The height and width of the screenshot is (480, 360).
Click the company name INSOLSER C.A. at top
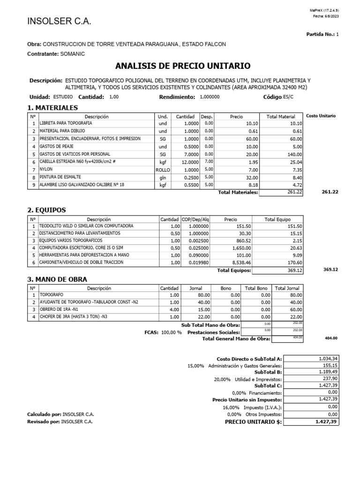pyautogui.click(x=60, y=22)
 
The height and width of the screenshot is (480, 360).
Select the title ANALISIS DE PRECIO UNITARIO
pyautogui.click(x=183, y=66)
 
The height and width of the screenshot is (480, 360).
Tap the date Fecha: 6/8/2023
pyautogui.click(x=325, y=16)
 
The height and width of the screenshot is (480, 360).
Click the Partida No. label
pyautogui.click(x=320, y=34)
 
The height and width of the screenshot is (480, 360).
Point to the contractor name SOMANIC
pyautogui.click(x=73, y=54)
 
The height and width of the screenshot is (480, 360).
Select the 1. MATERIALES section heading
pyautogui.click(x=53, y=108)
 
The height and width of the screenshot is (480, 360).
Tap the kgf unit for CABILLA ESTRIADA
pyautogui.click(x=163, y=161)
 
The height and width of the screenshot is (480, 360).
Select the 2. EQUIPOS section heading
pyautogui.click(x=47, y=210)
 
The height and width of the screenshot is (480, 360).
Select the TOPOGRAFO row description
pyautogui.click(x=51, y=295)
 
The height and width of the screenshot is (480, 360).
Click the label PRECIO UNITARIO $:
pyautogui.click(x=254, y=422)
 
